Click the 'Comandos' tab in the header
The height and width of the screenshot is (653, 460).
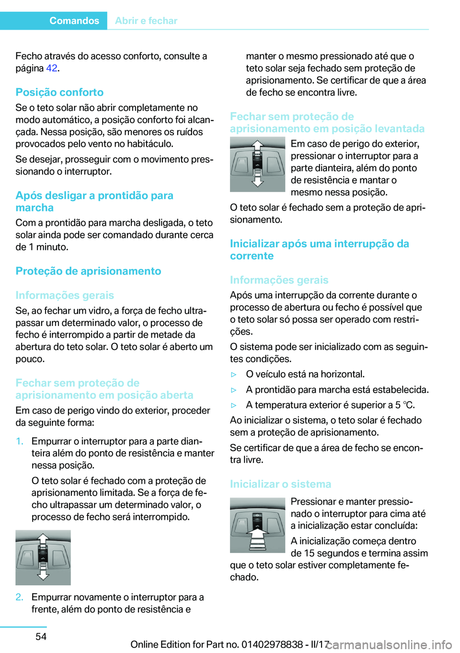tap(74, 21)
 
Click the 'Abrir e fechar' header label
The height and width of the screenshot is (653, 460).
tap(146, 21)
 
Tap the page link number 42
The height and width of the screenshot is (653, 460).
tap(52, 68)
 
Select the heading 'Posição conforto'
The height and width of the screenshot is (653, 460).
tap(59, 92)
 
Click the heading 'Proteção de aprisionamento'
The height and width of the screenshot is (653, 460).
tap(88, 271)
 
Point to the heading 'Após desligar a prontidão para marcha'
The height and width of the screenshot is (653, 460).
tap(94, 201)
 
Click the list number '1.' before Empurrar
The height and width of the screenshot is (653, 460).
tap(20, 441)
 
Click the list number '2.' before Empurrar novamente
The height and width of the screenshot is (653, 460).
tap(20, 597)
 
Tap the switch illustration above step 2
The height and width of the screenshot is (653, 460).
tap(43, 557)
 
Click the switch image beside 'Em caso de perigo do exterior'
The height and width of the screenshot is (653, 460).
tap(257, 164)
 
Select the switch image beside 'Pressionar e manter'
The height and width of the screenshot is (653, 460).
tap(257, 525)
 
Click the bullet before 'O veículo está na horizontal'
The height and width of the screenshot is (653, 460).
tap(234, 374)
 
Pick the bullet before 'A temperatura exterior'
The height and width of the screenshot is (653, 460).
tap(234, 405)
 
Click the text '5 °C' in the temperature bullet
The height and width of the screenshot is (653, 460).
tap(405, 405)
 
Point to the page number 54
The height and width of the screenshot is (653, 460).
tap(41, 636)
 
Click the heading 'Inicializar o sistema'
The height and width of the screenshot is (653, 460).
tap(280, 484)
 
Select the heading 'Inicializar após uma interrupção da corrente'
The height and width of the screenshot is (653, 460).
tap(319, 250)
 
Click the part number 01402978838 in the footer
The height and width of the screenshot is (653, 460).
tap(272, 644)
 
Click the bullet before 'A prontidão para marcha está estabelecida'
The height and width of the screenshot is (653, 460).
tap(234, 390)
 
